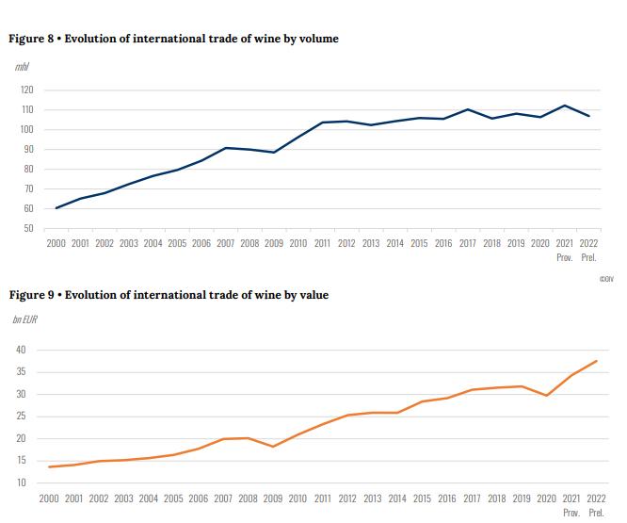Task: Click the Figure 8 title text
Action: pyautogui.click(x=173, y=39)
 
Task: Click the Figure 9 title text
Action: pyautogui.click(x=169, y=295)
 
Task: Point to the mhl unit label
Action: pyautogui.click(x=22, y=66)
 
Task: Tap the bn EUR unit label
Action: pyautogui.click(x=25, y=320)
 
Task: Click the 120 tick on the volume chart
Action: pyautogui.click(x=25, y=90)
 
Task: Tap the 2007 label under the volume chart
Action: pyautogui.click(x=225, y=243)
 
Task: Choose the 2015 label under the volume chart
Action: pyautogui.click(x=419, y=243)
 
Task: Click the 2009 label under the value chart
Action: pyautogui.click(x=273, y=498)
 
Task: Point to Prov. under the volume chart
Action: pyautogui.click(x=565, y=256)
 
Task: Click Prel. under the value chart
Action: pyautogui.click(x=596, y=512)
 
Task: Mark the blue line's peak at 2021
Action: pyautogui.click(x=564, y=106)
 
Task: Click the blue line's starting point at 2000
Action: pyautogui.click(x=56, y=208)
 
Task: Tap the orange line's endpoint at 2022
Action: pyautogui.click(x=596, y=361)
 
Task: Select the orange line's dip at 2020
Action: pyautogui.click(x=547, y=395)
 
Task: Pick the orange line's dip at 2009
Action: pyautogui.click(x=273, y=447)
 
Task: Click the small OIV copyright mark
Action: pyautogui.click(x=606, y=279)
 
